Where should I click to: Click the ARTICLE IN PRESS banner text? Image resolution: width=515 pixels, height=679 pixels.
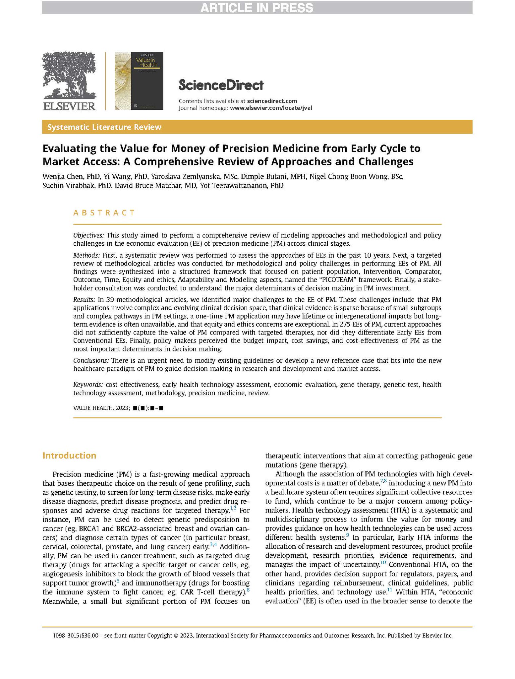pos(257,7)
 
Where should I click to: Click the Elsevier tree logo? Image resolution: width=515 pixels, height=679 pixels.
pos(69,76)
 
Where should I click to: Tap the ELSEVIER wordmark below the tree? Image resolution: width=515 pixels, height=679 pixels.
pos(69,106)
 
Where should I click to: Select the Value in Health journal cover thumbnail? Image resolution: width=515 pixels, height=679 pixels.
pos(139,81)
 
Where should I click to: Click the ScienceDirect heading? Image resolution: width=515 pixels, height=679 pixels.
pos(221,85)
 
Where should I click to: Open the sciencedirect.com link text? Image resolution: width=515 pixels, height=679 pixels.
pos(272,101)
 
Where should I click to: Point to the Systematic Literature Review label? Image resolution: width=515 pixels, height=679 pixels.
pos(104,127)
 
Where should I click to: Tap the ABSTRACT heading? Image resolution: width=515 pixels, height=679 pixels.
pos(104,213)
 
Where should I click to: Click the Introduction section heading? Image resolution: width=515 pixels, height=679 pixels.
pos(69,456)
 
